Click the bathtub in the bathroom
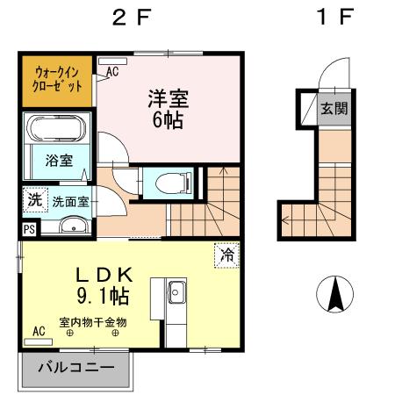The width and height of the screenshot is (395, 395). pyautogui.click(x=56, y=129)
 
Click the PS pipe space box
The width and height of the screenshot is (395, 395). pyautogui.click(x=29, y=230)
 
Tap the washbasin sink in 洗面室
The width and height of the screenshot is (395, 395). pyautogui.click(x=67, y=227)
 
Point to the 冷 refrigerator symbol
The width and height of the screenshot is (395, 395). pyautogui.click(x=226, y=255)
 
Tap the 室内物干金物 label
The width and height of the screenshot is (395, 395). pyautogui.click(x=93, y=322)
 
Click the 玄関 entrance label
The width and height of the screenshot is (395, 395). pyautogui.click(x=333, y=109)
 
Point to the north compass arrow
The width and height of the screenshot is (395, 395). pyautogui.click(x=334, y=294)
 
